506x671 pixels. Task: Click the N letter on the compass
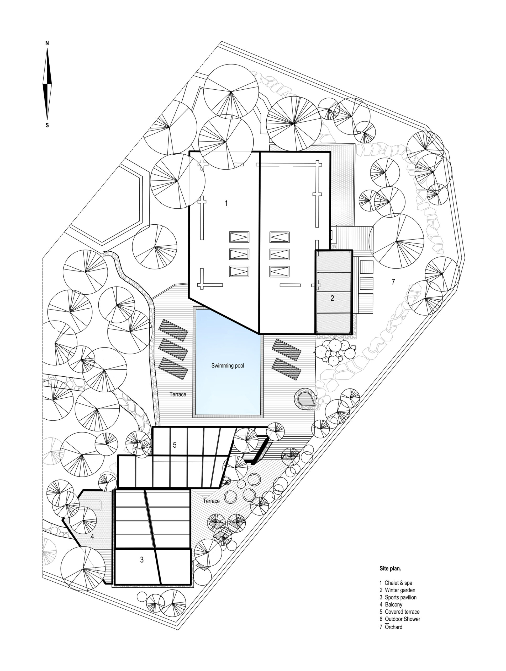click(x=47, y=43)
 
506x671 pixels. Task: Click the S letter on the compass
click(x=47, y=125)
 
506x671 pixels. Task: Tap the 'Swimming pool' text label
click(x=228, y=366)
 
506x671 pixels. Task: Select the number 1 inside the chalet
click(x=226, y=203)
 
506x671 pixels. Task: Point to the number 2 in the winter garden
click(x=332, y=298)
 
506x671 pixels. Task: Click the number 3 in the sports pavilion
click(x=141, y=560)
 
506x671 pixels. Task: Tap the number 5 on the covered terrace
click(x=175, y=445)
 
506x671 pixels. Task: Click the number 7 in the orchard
click(x=393, y=282)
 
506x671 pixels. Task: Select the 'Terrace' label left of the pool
click(x=178, y=394)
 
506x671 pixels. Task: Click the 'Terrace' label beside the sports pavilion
click(x=211, y=501)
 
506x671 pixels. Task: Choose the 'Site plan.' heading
click(x=390, y=569)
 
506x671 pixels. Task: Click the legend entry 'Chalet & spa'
click(x=398, y=583)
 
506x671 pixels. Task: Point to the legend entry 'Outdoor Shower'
click(x=402, y=619)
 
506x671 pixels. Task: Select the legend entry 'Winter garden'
click(x=400, y=590)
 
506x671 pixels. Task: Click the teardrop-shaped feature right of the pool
click(x=305, y=399)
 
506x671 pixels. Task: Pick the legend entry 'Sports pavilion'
click(x=400, y=597)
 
